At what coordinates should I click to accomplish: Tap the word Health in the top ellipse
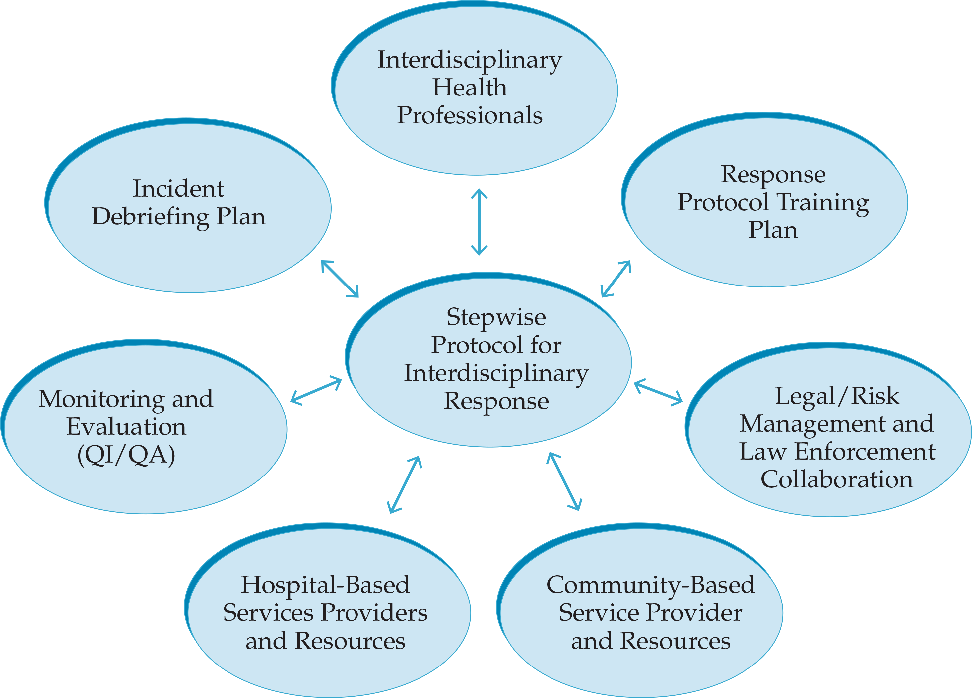[469, 88]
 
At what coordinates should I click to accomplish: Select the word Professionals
[469, 115]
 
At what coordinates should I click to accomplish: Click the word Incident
[178, 189]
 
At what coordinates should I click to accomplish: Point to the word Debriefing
[150, 217]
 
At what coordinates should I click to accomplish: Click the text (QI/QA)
[126, 455]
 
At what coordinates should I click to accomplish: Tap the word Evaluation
[126, 427]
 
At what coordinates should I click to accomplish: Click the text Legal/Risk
[837, 396]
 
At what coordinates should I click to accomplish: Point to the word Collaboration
[837, 479]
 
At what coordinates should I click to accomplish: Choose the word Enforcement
[865, 452]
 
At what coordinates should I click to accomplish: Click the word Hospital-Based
[325, 585]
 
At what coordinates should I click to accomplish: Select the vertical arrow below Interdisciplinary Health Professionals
[479, 222]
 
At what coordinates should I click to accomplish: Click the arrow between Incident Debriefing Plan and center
[340, 279]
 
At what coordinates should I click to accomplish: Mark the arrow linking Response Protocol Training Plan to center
[616, 279]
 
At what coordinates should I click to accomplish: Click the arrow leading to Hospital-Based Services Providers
[405, 484]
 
